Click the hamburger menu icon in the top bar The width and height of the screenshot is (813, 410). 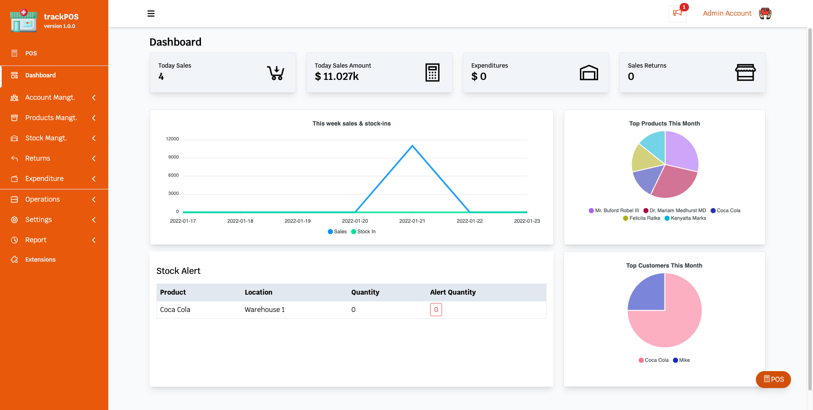pos(151,14)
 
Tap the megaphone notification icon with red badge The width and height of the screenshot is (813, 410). pos(678,13)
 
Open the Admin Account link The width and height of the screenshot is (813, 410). pos(727,13)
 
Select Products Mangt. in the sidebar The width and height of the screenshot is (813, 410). pos(51,118)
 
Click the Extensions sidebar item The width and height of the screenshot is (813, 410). pos(40,260)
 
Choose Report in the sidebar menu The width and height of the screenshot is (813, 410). pos(36,240)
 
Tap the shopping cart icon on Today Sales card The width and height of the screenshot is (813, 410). pos(275,73)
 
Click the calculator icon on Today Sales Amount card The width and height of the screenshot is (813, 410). pos(432,73)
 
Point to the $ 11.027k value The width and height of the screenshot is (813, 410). pos(337,77)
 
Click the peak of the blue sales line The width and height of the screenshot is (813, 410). pos(412,146)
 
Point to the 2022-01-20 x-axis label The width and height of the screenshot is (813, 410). pos(355,221)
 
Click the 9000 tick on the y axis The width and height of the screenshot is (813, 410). pos(173,157)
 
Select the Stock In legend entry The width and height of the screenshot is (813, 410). pos(363,232)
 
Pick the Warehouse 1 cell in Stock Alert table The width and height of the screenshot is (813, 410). pos(265,310)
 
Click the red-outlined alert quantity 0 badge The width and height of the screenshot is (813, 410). pos(436,310)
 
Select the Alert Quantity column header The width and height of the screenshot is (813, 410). pos(453,292)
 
